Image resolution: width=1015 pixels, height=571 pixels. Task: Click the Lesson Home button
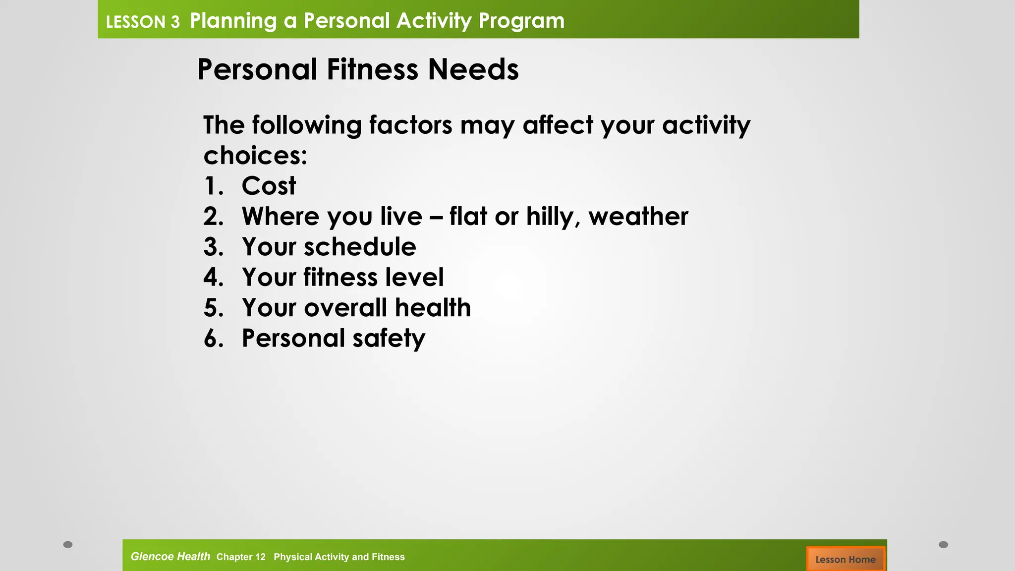pyautogui.click(x=845, y=559)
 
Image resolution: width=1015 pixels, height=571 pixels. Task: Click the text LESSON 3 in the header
pyautogui.click(x=143, y=22)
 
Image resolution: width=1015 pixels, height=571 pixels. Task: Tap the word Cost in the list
pyautogui.click(x=269, y=186)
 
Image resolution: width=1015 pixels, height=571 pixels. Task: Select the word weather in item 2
pyautogui.click(x=638, y=217)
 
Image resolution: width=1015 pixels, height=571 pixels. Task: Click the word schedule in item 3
pyautogui.click(x=360, y=247)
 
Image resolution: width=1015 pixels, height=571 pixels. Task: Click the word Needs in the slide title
pyautogui.click(x=473, y=69)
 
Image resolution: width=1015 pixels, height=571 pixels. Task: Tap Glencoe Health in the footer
pyautogui.click(x=170, y=557)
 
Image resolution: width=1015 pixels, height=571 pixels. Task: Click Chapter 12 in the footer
pyautogui.click(x=241, y=557)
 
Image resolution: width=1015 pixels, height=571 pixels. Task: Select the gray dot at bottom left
pyautogui.click(x=68, y=545)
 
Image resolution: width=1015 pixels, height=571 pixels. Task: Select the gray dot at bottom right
pyautogui.click(x=944, y=545)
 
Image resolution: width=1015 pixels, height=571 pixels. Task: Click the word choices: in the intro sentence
pyautogui.click(x=255, y=156)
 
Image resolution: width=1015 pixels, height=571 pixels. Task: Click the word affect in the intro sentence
pyautogui.click(x=558, y=125)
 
